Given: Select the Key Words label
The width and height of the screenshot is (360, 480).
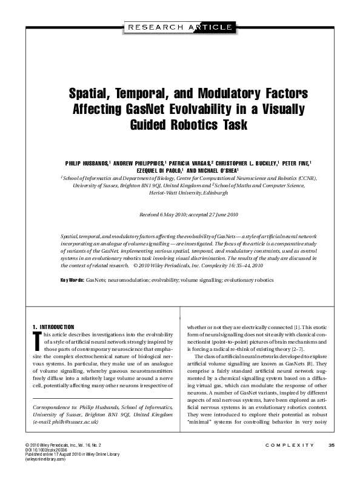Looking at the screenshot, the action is click(72, 280).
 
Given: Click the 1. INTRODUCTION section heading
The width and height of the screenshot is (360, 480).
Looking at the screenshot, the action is click(53, 327).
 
